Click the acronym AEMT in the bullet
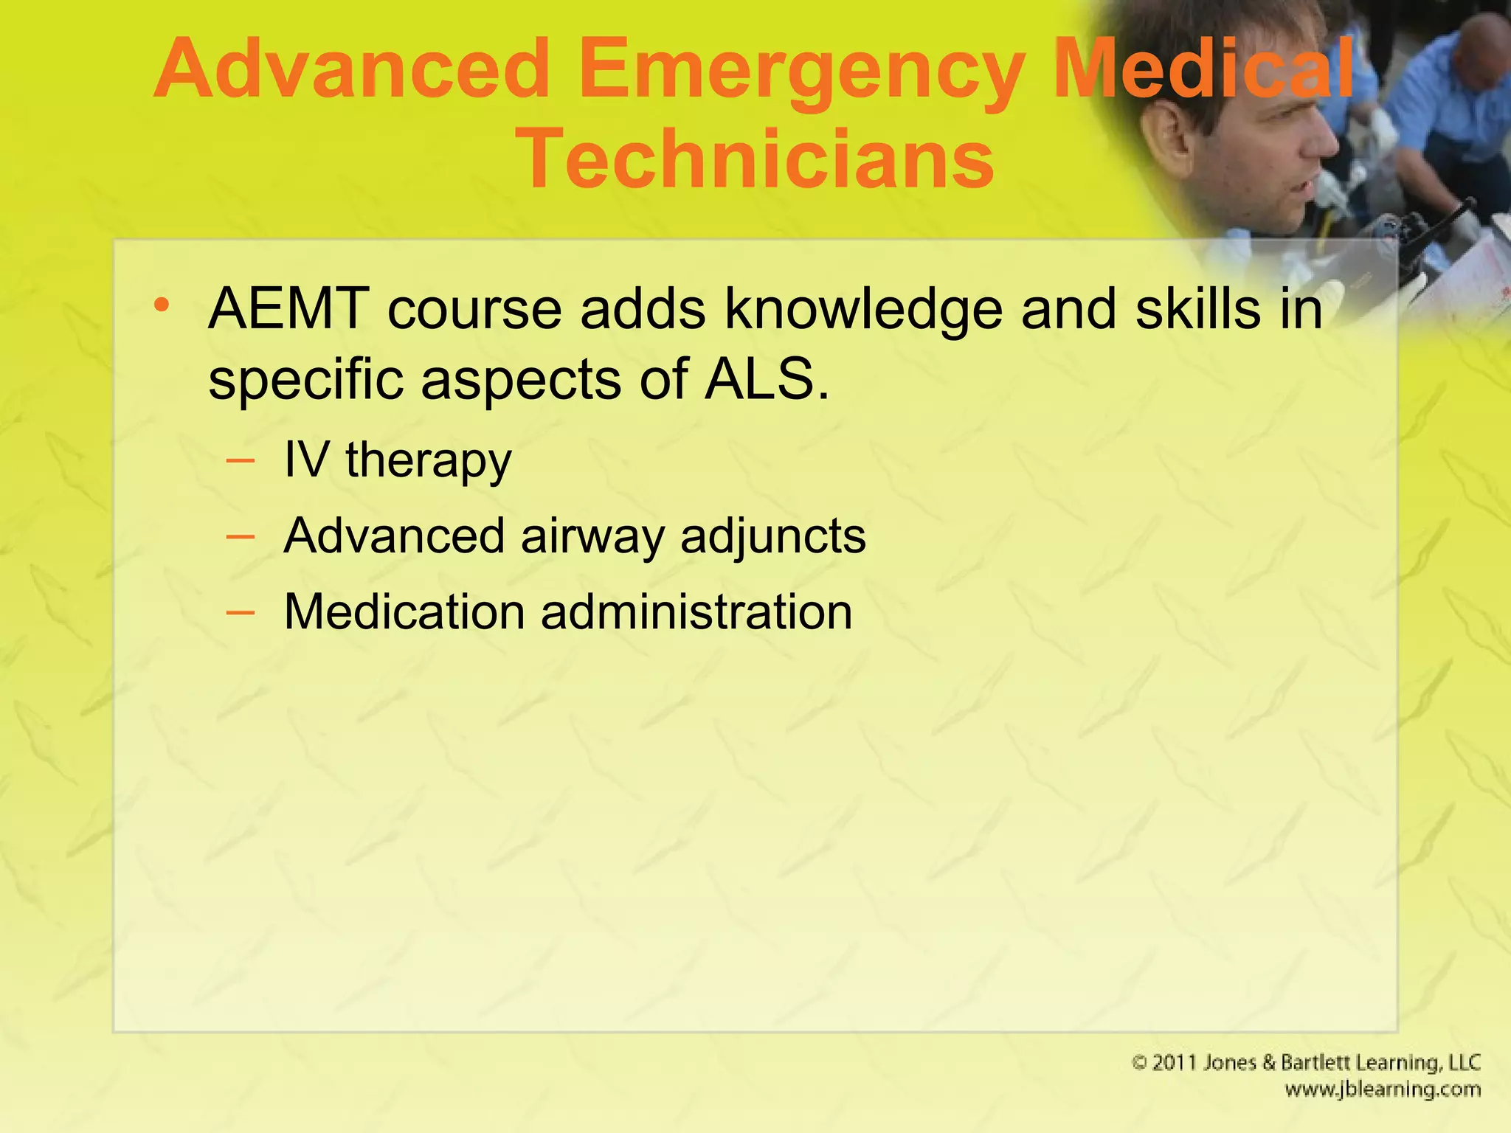tap(288, 308)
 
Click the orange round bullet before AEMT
tap(162, 305)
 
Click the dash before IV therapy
tap(241, 462)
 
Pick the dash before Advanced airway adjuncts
tap(241, 537)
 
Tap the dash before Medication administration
tap(241, 612)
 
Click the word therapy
tap(428, 462)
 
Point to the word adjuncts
tap(772, 537)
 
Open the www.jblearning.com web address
tap(1382, 1090)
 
